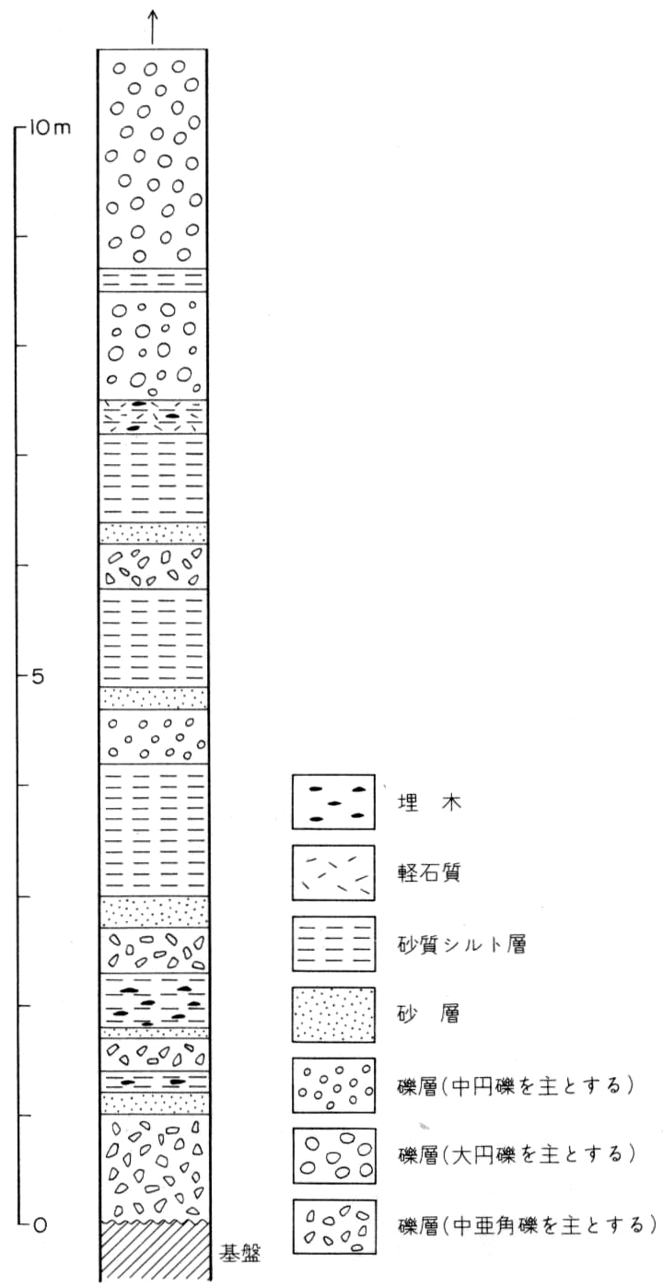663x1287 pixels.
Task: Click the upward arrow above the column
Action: tap(152, 27)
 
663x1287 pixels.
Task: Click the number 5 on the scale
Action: tap(38, 677)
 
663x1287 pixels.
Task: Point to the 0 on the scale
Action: tap(40, 1225)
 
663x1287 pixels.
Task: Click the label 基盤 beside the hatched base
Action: tap(240, 1253)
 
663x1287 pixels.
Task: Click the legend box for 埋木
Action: tap(333, 801)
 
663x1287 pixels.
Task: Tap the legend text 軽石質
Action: tap(428, 873)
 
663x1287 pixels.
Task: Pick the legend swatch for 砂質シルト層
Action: tap(333, 944)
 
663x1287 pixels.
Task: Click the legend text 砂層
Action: tap(428, 1014)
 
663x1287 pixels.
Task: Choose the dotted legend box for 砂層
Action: tap(333, 1014)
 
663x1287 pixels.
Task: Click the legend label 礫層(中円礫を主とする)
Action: tap(516, 1086)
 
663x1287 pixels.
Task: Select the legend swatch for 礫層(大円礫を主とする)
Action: tap(334, 1155)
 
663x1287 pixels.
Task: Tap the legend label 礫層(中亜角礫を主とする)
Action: tap(527, 1225)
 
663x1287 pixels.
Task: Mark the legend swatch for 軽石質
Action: tap(333, 872)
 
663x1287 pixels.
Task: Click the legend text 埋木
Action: tap(428, 802)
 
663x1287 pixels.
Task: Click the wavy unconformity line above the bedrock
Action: tap(154, 1221)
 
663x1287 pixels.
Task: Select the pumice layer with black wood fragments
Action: tap(153, 416)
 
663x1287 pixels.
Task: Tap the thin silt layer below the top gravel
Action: tap(153, 280)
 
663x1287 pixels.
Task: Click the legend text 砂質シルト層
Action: tap(461, 944)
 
